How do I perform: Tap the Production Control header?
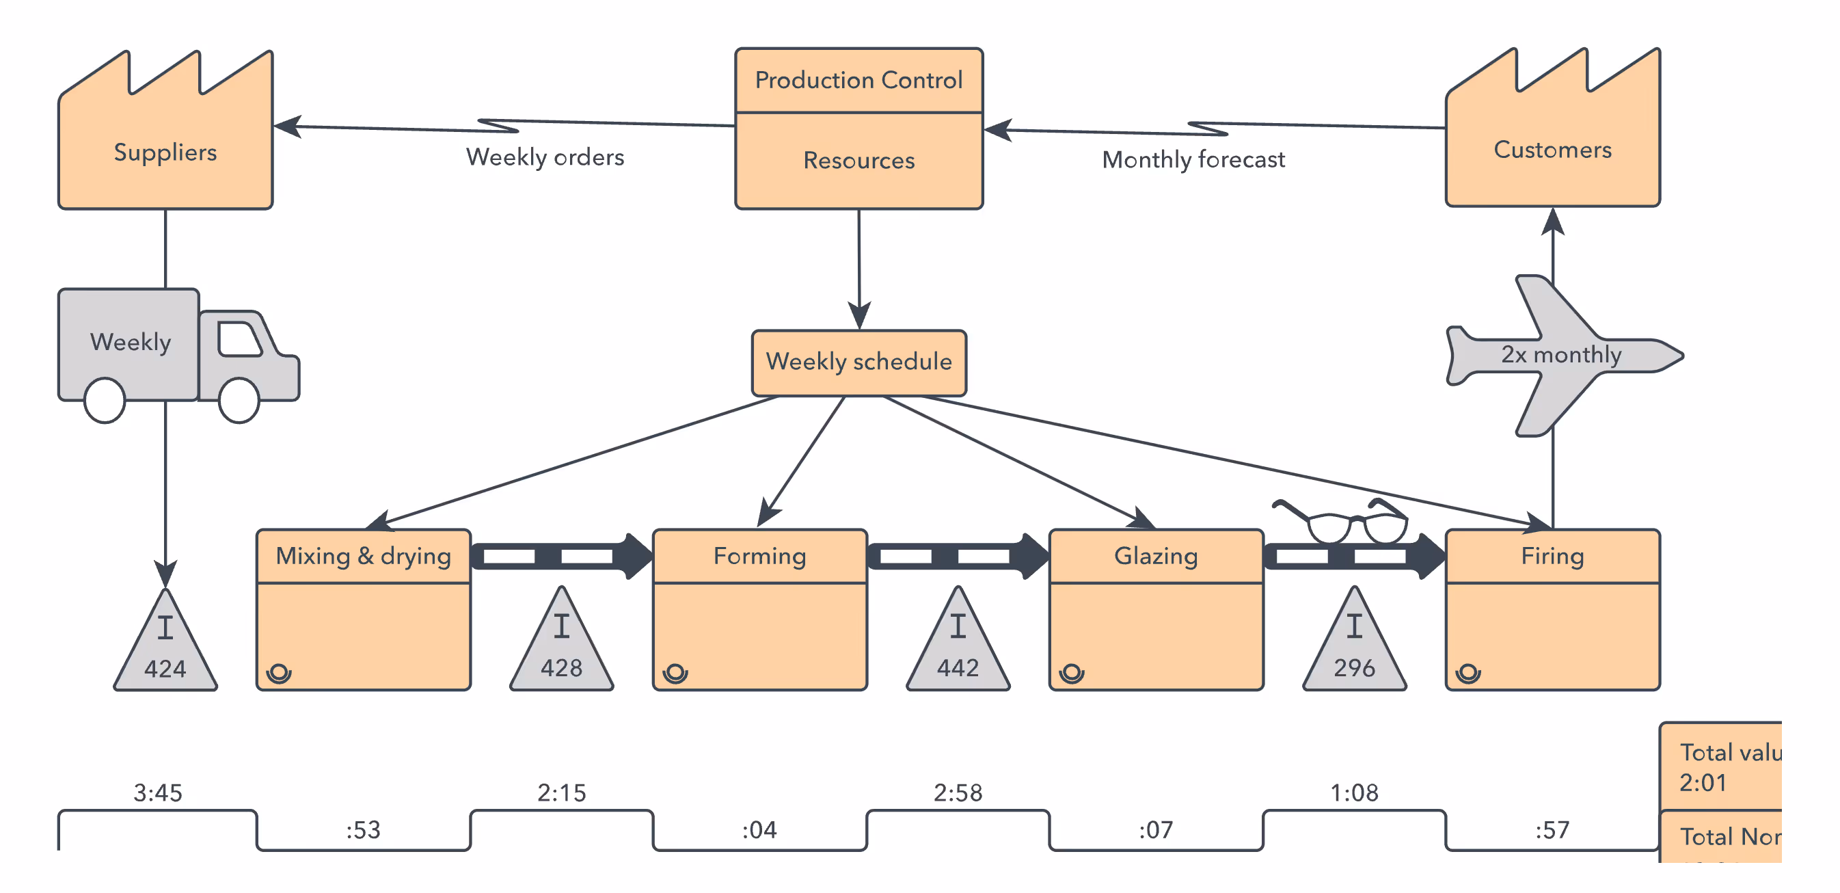[x=858, y=80]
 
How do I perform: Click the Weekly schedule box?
[x=858, y=362]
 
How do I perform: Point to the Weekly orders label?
[x=544, y=157]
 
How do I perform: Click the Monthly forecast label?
[x=1193, y=159]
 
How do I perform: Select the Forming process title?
[x=759, y=556]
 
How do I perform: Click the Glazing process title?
[x=1156, y=556]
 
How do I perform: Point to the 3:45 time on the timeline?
[x=158, y=792]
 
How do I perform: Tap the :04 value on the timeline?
[x=759, y=829]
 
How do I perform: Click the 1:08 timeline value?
[x=1354, y=792]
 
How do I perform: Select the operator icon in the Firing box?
[x=1468, y=673]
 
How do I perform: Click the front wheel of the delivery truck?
[x=239, y=401]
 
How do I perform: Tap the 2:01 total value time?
[x=1703, y=783]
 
